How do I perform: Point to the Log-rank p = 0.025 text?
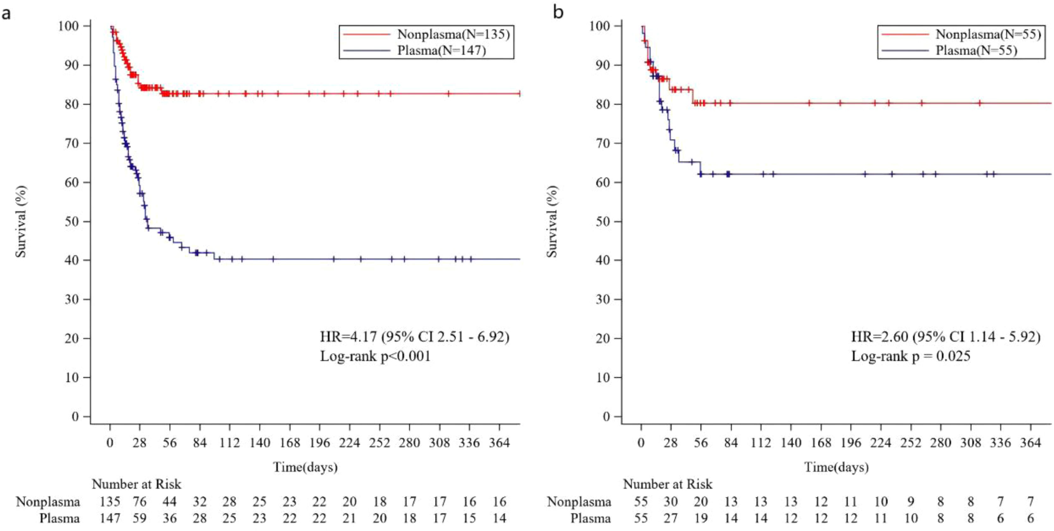pos(911,356)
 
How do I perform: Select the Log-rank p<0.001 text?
pos(375,356)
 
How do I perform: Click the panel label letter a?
pos(6,14)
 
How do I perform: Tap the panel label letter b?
pos(558,12)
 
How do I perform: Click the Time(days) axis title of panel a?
pos(305,467)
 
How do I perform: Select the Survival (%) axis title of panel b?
pos(552,221)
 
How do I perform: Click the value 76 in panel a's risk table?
pos(139,502)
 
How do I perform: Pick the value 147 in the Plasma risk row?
pos(110,518)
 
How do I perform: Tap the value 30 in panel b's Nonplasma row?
pos(671,502)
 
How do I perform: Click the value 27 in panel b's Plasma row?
pos(671,518)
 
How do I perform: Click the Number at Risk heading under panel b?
pos(668,484)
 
